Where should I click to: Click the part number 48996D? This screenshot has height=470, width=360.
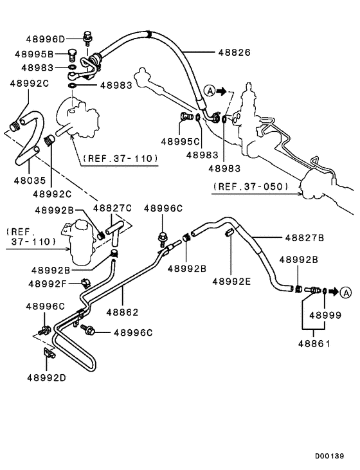pos(45,39)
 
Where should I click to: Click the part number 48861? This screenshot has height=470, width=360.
pos(314,344)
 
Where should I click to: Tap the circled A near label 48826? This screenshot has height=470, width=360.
pos(210,91)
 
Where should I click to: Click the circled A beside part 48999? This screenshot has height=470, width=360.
pos(345,291)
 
